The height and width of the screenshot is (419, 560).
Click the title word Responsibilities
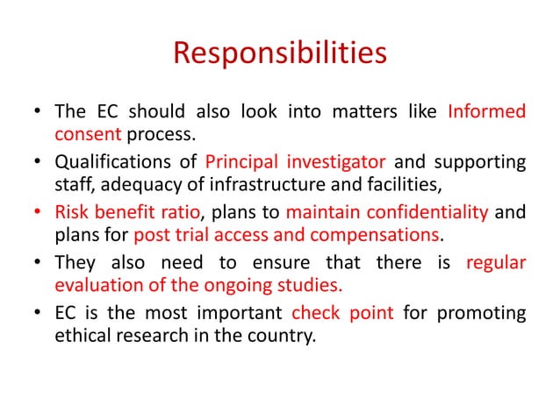(279, 53)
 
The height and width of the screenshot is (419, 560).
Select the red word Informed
(487, 113)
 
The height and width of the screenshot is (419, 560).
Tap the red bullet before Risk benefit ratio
(38, 211)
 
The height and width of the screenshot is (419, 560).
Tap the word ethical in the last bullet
(82, 331)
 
